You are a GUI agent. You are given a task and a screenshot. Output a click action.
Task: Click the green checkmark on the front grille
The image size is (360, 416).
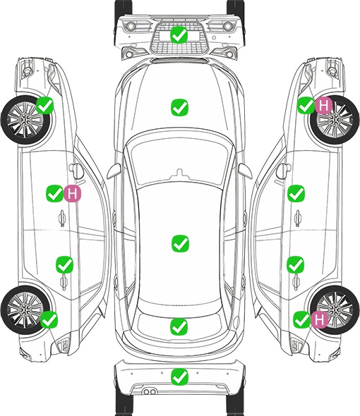click(179, 35)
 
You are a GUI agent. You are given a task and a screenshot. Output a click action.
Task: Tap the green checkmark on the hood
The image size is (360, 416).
click(179, 107)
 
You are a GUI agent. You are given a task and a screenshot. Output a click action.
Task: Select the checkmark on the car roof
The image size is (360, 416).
click(180, 243)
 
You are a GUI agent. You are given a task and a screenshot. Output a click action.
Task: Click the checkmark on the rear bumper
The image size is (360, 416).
click(179, 377)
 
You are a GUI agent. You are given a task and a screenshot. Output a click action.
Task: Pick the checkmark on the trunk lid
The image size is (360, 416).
click(179, 326)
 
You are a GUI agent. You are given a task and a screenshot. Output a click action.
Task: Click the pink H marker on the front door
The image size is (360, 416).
click(72, 194)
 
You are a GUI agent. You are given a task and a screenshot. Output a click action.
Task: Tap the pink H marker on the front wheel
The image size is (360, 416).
click(323, 106)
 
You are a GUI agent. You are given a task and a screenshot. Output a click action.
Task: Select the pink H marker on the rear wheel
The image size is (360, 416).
click(320, 319)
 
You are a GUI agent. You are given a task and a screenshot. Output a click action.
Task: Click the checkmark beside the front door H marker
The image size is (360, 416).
click(55, 193)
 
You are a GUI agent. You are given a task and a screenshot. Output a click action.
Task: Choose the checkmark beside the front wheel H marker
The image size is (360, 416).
click(306, 105)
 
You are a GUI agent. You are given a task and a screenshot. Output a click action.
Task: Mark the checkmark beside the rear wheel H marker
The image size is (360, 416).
click(302, 319)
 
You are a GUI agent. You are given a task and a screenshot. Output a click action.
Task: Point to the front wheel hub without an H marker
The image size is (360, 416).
click(25, 120)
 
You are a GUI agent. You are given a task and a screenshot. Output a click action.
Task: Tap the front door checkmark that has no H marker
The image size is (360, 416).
click(296, 193)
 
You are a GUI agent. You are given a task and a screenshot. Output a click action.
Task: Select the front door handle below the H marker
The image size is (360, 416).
click(62, 219)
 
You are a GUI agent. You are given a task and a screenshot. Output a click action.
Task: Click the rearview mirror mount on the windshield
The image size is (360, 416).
click(180, 173)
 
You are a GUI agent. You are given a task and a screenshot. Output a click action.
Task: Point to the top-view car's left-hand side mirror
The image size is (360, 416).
click(114, 171)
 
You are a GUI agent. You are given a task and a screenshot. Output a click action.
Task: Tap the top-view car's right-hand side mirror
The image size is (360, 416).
click(245, 171)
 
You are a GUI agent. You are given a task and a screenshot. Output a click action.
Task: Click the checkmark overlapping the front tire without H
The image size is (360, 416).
click(45, 105)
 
